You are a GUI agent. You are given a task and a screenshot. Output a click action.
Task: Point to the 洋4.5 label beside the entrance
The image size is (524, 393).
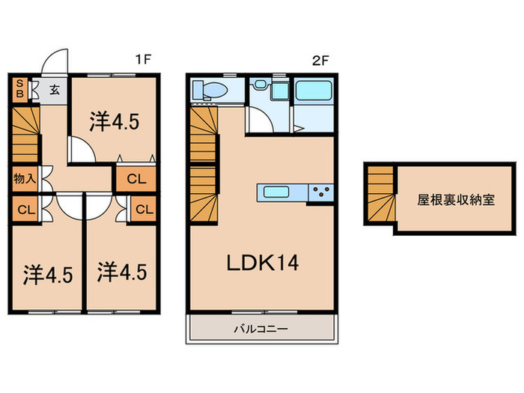115,121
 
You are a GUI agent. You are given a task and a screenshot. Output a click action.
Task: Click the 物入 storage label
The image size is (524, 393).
23,179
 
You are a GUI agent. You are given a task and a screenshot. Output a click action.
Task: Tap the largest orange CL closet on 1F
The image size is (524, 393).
136,179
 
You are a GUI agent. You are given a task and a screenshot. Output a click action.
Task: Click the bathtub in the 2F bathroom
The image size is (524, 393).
314,92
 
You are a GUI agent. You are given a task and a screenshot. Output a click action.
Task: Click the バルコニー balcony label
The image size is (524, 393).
261,328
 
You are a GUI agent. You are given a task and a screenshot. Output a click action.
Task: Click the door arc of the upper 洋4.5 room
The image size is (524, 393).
82,150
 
